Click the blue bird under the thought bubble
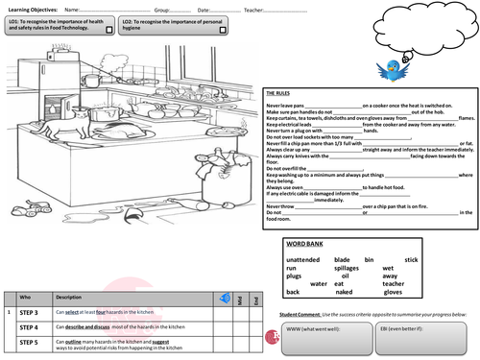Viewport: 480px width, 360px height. click(395, 68)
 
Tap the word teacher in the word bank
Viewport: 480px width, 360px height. click(395, 284)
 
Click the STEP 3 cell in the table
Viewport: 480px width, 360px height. click(29, 313)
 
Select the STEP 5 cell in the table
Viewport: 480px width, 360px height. click(29, 342)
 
